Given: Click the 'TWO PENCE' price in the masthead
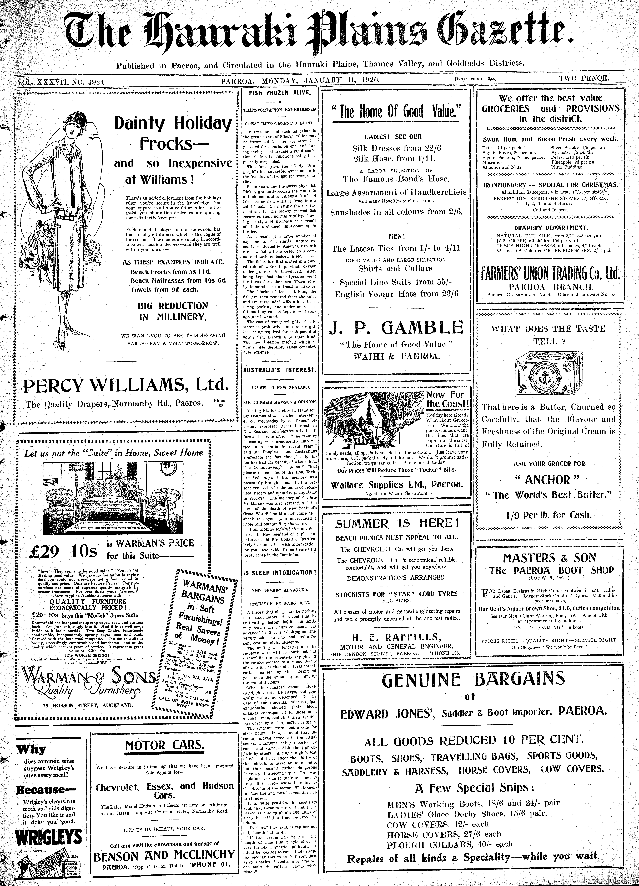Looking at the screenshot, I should point(583,78).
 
